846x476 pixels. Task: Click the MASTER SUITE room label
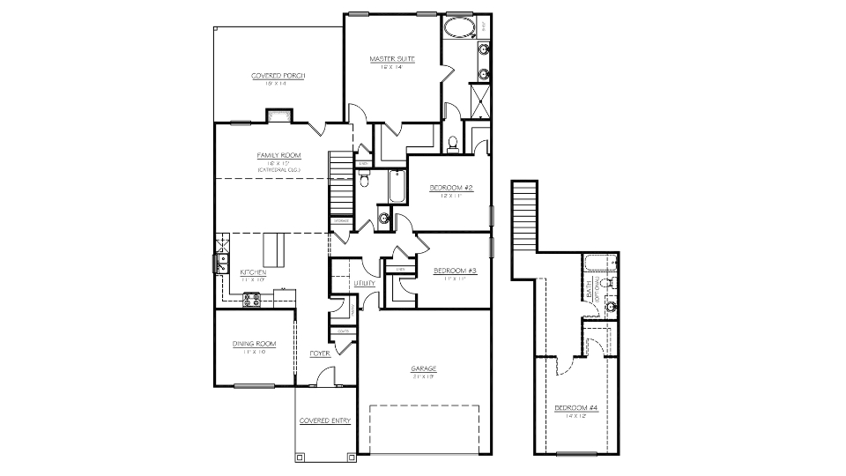point(392,59)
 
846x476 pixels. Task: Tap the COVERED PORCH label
point(278,76)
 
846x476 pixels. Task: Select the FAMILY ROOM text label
point(278,155)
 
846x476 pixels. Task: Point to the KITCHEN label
point(254,272)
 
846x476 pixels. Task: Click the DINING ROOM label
point(255,344)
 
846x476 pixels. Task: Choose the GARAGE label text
point(424,368)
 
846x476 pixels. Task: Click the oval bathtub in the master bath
point(456,26)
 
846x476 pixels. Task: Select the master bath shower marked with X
point(482,95)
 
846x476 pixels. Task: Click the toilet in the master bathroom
point(452,143)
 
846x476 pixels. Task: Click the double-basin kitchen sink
point(219,262)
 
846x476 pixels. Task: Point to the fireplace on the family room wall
point(279,115)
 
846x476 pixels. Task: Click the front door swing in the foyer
point(328,377)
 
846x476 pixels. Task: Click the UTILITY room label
point(365,284)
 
